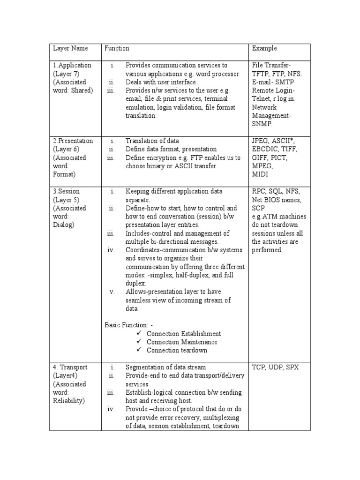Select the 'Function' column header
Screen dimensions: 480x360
coord(117,48)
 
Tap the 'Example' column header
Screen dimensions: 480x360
coord(264,48)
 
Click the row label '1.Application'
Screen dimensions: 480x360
coord(72,65)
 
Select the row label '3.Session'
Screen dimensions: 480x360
coord(66,191)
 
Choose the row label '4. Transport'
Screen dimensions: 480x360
coord(70,367)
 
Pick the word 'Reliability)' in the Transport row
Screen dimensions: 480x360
coord(69,401)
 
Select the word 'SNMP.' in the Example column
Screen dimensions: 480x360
coord(262,124)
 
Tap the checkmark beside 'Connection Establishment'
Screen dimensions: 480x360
coord(139,333)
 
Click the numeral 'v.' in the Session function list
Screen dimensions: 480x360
coord(112,292)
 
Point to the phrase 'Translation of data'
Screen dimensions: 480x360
coord(152,141)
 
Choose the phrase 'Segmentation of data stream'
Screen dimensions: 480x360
coord(165,367)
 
